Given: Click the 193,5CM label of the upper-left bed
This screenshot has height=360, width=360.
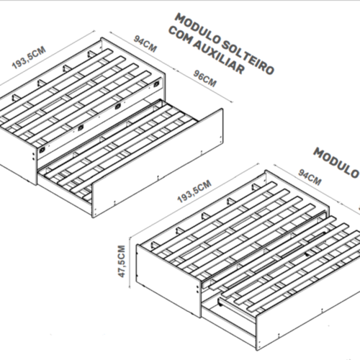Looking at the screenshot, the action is tap(29, 58).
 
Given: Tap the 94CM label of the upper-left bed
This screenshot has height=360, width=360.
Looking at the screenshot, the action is tap(145, 44).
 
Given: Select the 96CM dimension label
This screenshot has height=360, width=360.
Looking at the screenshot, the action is tap(205, 78).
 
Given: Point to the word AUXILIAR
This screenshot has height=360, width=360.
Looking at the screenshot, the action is tap(219, 57).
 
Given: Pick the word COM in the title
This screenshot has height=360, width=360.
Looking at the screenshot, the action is tap(181, 35).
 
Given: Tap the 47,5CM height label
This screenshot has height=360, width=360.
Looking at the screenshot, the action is tap(122, 261).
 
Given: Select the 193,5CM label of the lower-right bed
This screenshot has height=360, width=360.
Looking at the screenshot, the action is tap(194, 191).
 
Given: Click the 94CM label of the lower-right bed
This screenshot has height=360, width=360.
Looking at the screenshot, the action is tap(310, 177).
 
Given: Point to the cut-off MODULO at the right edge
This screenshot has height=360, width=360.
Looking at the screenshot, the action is tap(337, 163).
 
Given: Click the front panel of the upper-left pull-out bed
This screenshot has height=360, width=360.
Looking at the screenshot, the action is tap(158, 163).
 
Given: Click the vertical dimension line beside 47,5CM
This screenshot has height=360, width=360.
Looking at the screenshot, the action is tap(130, 261).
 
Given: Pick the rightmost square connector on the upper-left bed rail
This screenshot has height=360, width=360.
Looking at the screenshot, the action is tap(156, 84).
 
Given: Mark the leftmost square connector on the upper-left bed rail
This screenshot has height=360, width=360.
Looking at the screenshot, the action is tap(42, 150).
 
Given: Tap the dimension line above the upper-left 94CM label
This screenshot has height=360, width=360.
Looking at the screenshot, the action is tap(143, 51).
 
